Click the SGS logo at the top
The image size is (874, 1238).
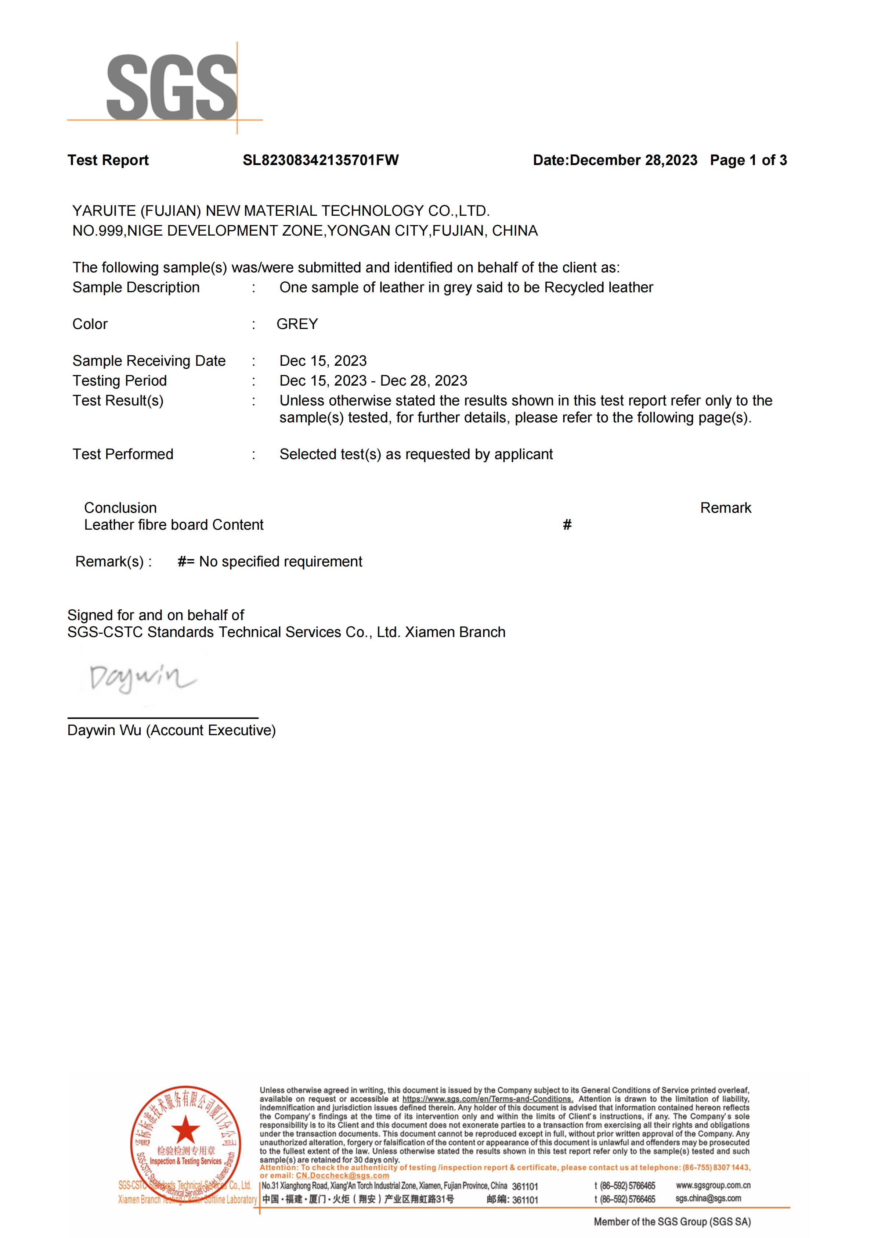pos(171,87)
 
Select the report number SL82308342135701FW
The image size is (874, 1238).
pos(321,160)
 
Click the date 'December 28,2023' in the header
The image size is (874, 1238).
pos(633,160)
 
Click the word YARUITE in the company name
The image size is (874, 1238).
pos(104,211)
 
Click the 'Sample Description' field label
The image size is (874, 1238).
pos(136,287)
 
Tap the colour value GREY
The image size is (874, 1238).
pos(297,324)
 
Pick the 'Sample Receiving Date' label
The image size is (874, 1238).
pos(149,361)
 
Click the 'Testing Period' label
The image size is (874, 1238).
pos(120,381)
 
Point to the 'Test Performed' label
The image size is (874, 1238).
pos(123,454)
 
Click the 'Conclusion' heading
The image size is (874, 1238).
pos(120,508)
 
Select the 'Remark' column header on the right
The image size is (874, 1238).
pos(725,508)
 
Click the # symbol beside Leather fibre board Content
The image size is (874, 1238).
pos(567,525)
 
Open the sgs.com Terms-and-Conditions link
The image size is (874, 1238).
pos(487,1099)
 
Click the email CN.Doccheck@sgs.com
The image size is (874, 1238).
pos(342,1176)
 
